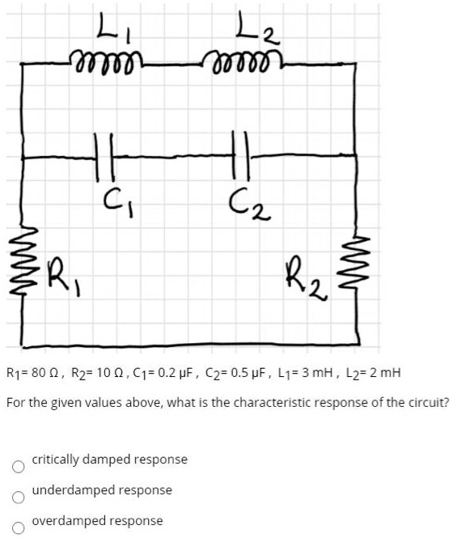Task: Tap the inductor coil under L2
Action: click(x=243, y=61)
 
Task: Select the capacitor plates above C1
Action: click(x=104, y=157)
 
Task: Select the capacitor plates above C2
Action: click(x=241, y=155)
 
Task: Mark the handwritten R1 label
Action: click(x=64, y=277)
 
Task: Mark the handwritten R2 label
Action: click(x=307, y=281)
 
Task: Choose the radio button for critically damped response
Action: click(x=18, y=466)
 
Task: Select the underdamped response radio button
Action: click(x=18, y=497)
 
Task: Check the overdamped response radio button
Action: click(x=18, y=527)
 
